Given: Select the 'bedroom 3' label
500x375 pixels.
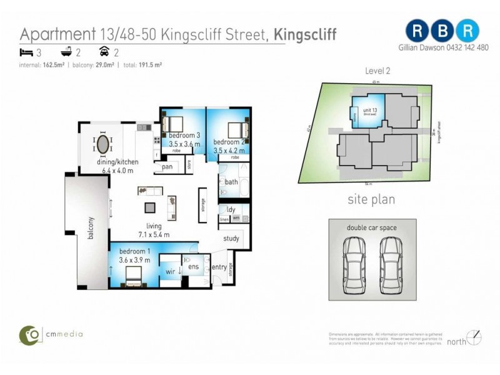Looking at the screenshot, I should (184, 136).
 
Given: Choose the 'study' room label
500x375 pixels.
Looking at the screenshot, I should (231, 237).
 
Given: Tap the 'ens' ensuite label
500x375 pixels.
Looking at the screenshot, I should (193, 267).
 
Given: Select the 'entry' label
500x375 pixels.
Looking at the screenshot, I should (219, 267).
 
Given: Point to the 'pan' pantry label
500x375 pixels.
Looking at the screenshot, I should (167, 167).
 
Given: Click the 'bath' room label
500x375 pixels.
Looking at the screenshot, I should (231, 182).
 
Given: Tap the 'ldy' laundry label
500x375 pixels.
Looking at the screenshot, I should (231, 209).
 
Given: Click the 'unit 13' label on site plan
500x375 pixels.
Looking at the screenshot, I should (362, 111).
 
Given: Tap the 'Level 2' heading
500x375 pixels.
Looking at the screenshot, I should (377, 71).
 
